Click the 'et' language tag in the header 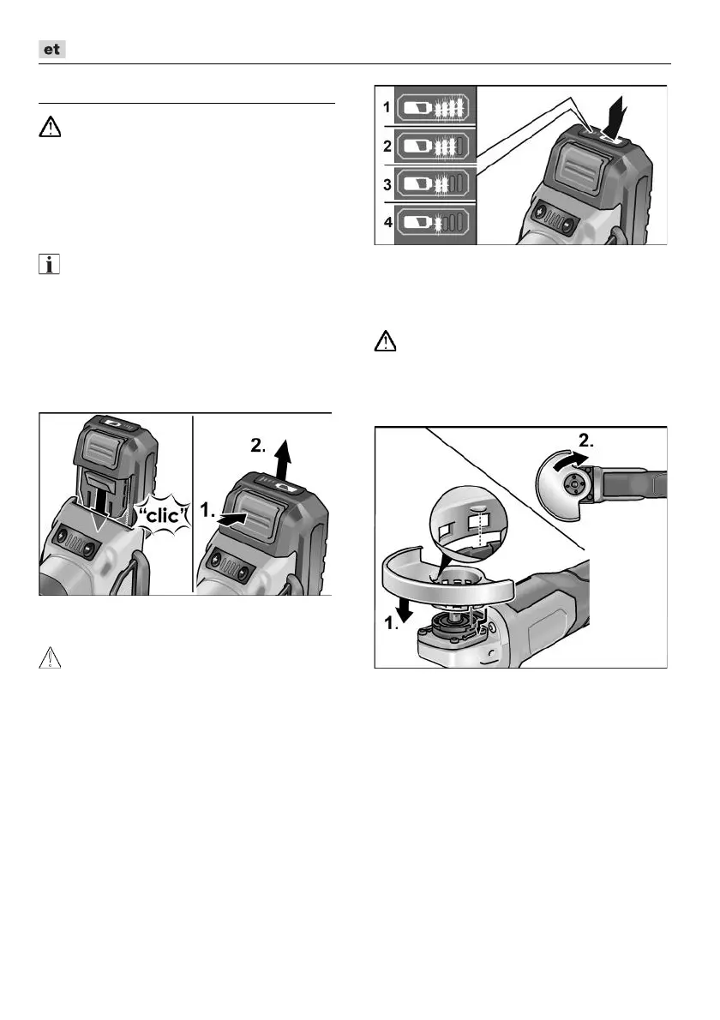[x=53, y=50]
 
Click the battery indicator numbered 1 [x=432, y=107]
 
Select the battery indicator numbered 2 [x=432, y=147]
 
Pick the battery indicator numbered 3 [x=432, y=184]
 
